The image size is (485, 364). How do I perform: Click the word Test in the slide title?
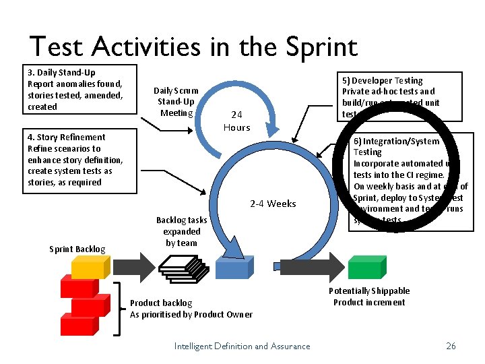coord(57,47)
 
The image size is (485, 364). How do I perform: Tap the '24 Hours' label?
coord(236,121)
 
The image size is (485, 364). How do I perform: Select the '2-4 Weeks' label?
coord(273,204)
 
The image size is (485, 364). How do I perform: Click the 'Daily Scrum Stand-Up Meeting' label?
coord(176,101)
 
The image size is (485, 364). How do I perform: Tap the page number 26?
coord(451,346)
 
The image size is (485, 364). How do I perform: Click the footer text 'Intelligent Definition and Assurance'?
coord(242,346)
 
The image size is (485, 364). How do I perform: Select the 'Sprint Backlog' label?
coord(77,249)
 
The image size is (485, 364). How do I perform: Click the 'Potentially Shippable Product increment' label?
coord(369,297)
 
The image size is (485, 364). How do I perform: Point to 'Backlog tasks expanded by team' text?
coord(181,231)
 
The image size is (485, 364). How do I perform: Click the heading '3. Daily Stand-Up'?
coord(61,72)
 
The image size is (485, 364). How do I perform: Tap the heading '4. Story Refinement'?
coord(66,137)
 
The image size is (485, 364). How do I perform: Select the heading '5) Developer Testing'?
coord(383,80)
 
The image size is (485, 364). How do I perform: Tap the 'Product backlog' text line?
coord(161,303)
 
